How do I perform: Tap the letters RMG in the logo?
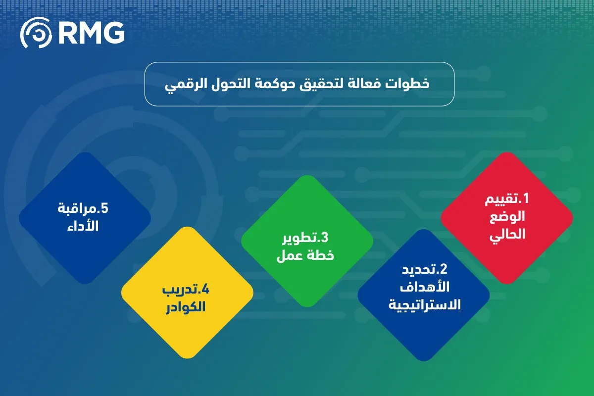click(91, 34)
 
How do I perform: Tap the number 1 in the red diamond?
click(526, 199)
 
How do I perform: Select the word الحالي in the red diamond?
click(507, 235)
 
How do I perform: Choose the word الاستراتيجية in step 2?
click(424, 305)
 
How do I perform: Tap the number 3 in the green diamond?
click(325, 238)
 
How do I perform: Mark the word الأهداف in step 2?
click(424, 287)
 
